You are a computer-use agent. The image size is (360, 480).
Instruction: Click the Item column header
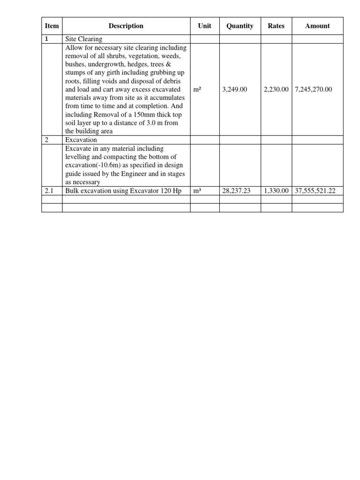pos(52,26)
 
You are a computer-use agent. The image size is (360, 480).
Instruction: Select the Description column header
pos(126,26)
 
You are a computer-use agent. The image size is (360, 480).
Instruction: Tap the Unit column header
pos(204,26)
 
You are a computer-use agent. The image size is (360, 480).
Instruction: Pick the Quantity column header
pos(240,26)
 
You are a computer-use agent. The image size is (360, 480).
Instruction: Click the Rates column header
pos(276,26)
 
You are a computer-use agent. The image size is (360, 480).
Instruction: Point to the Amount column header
pos(317,26)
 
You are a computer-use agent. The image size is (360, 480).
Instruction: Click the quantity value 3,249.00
pos(234,89)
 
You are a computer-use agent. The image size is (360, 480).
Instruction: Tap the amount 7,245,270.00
pos(313,89)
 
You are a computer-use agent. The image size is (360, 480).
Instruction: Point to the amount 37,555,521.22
pos(315,191)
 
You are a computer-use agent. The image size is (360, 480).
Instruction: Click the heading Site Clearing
pos(84,39)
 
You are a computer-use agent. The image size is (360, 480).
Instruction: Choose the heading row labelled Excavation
pos(81,140)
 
